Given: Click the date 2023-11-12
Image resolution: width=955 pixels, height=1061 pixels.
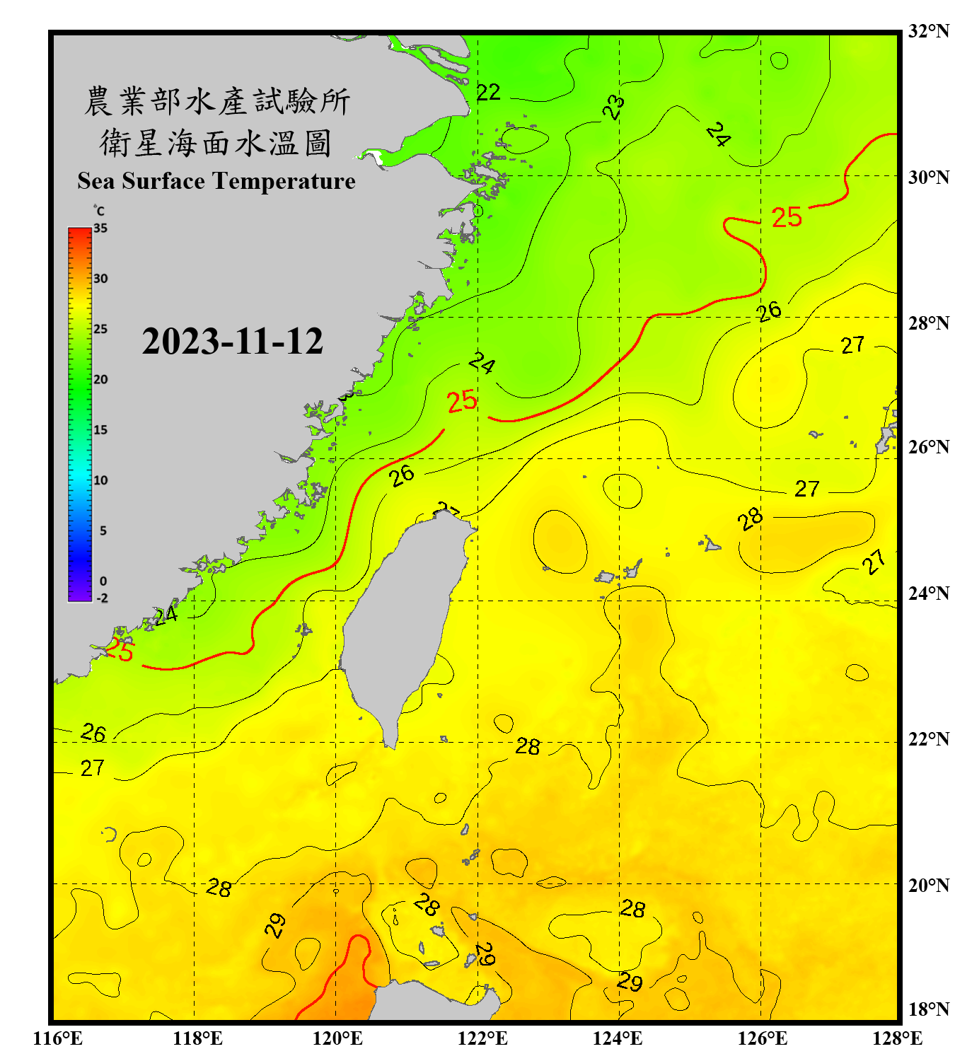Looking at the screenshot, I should coord(232,342).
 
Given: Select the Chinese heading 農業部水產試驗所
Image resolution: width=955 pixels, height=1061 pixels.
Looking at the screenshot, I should coord(216,101).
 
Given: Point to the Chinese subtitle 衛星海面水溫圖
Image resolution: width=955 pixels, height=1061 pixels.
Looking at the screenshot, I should coord(216,143).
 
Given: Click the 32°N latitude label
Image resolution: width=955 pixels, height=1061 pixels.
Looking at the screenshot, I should coord(928,31).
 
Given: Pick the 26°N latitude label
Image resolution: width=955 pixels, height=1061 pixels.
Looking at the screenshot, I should coord(928,447).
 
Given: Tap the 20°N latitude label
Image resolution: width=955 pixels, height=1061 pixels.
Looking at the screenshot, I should coord(928,885).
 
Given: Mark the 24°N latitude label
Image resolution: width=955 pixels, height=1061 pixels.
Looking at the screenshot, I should coord(928,593).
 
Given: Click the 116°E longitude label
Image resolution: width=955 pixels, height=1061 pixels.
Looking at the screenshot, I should coord(57,1038).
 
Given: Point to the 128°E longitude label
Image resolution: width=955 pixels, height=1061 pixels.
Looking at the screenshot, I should coord(897,1038).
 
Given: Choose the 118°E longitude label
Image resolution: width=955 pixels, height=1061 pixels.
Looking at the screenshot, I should coord(197,1038).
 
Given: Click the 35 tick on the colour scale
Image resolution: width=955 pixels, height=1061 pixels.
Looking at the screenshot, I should coord(100,228).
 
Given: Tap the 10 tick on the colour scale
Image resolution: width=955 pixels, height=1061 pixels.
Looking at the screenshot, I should coord(100,480).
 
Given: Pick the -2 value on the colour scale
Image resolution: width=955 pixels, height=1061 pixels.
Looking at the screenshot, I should coord(102,598).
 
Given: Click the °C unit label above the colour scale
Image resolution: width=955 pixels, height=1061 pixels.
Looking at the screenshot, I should coord(99,211).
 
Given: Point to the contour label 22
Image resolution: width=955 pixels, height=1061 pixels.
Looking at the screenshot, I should coord(488,93).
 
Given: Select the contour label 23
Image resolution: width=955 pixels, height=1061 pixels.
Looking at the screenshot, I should coord(613,107).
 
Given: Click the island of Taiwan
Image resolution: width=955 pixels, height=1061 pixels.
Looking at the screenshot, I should coord(400,622).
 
